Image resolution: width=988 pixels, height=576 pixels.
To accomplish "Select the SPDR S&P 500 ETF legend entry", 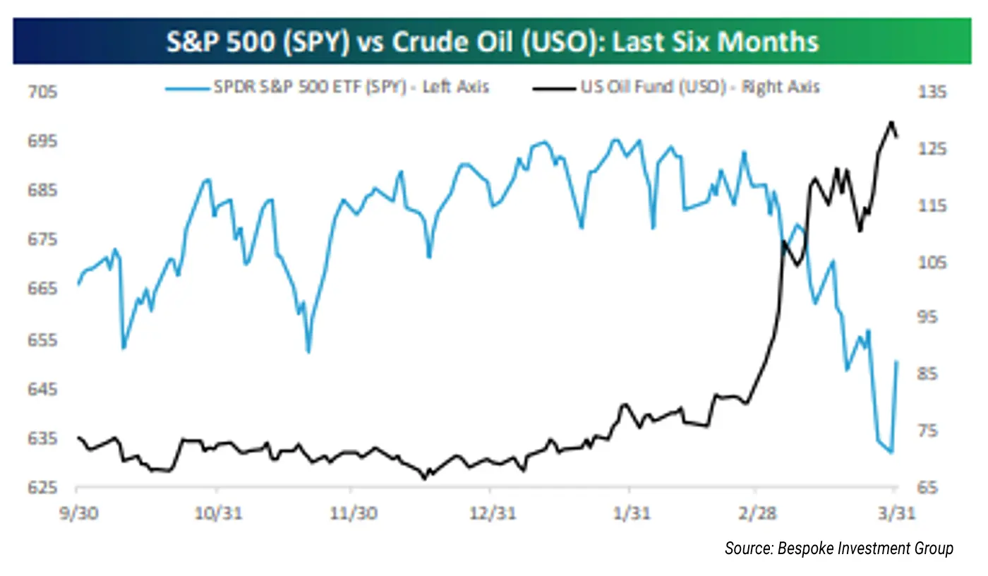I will [x=327, y=88].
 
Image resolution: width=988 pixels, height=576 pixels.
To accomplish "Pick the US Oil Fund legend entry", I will [x=677, y=88].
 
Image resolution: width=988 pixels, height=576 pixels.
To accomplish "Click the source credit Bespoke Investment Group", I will [x=838, y=548].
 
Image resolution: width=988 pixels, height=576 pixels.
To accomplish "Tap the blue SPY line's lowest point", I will [x=892, y=452].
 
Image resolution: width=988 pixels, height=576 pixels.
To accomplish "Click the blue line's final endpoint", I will [x=897, y=362].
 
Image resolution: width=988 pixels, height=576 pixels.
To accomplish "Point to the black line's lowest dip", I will [x=425, y=479].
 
